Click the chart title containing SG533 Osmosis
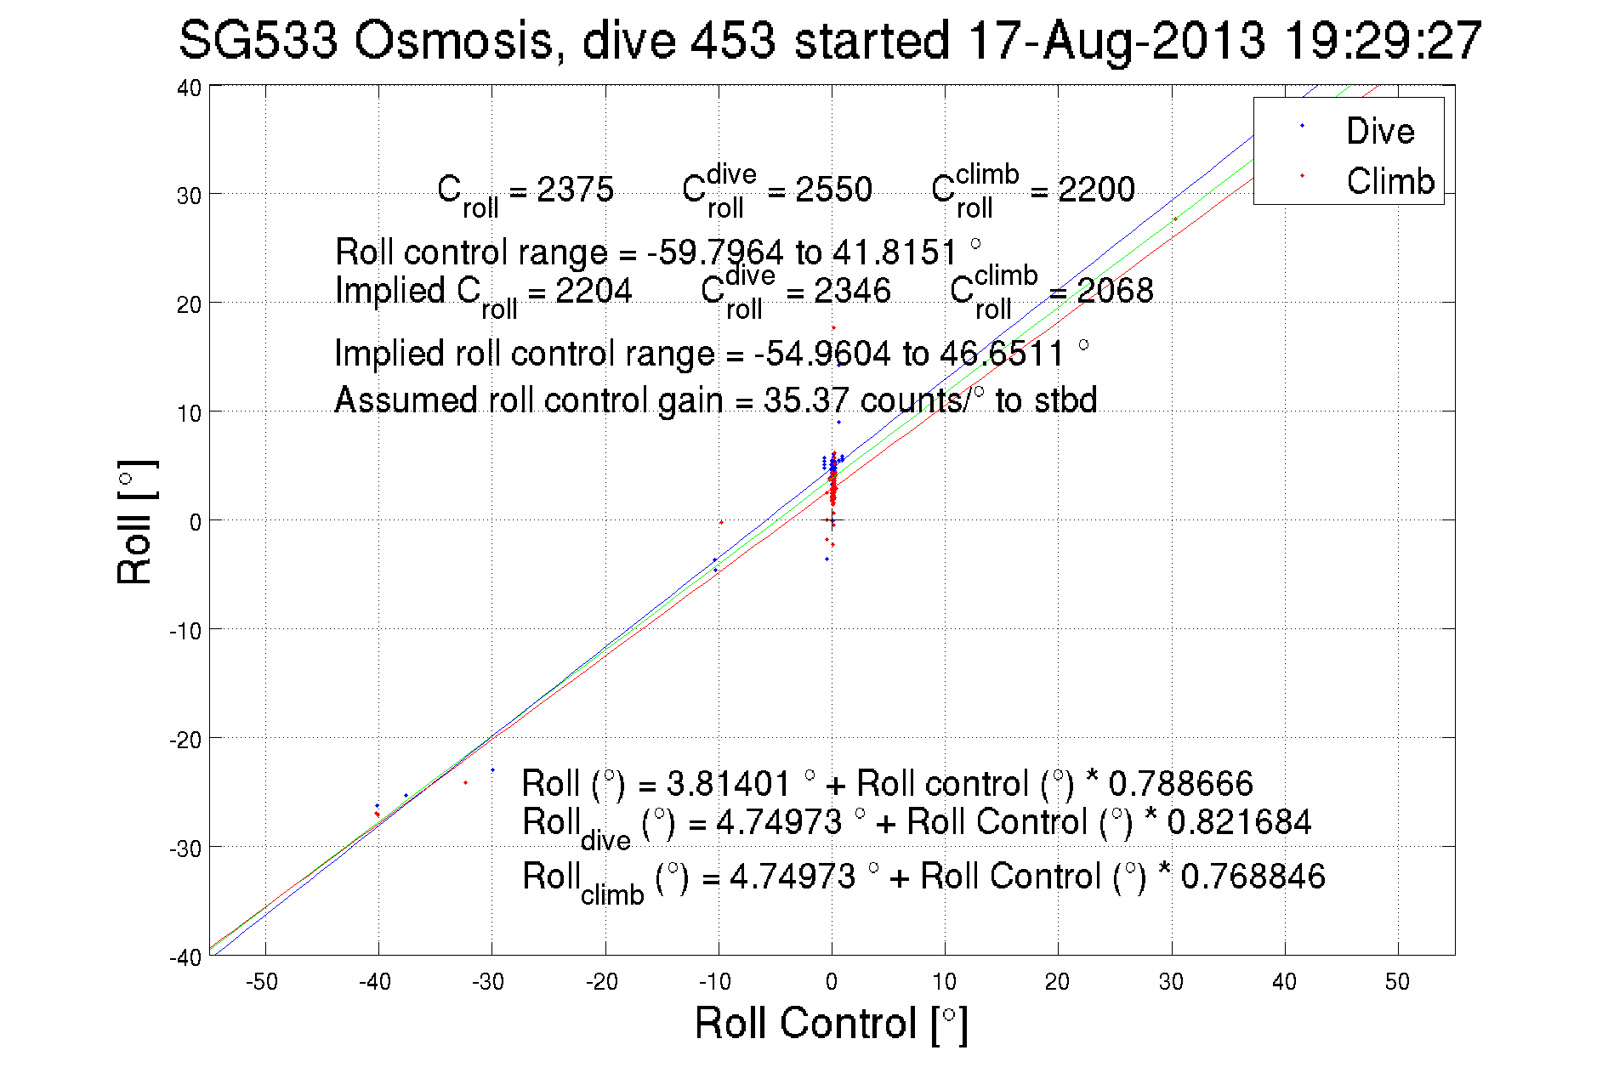click(x=830, y=41)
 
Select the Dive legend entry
click(x=1379, y=131)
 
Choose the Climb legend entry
click(x=1389, y=181)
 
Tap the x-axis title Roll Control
click(x=831, y=1023)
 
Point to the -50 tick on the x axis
click(x=263, y=982)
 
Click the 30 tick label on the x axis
click(x=1171, y=982)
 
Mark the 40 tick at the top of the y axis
click(x=190, y=88)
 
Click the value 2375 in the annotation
click(x=575, y=189)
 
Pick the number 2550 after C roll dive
click(x=833, y=189)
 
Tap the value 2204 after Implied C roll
click(x=594, y=291)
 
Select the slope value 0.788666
click(x=1180, y=783)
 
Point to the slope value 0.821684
click(x=1239, y=822)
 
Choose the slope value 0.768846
click(x=1253, y=876)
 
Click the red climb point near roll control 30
click(x=1175, y=219)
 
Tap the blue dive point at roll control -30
click(x=492, y=770)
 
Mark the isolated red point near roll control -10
click(x=721, y=522)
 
